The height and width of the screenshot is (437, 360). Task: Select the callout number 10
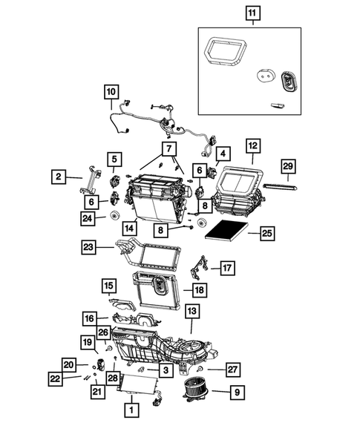tap(111, 92)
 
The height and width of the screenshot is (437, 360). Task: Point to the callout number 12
tap(252, 145)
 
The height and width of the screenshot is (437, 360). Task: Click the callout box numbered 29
tap(288, 165)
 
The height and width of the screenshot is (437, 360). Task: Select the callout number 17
tap(227, 267)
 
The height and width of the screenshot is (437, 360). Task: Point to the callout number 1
tap(131, 409)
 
